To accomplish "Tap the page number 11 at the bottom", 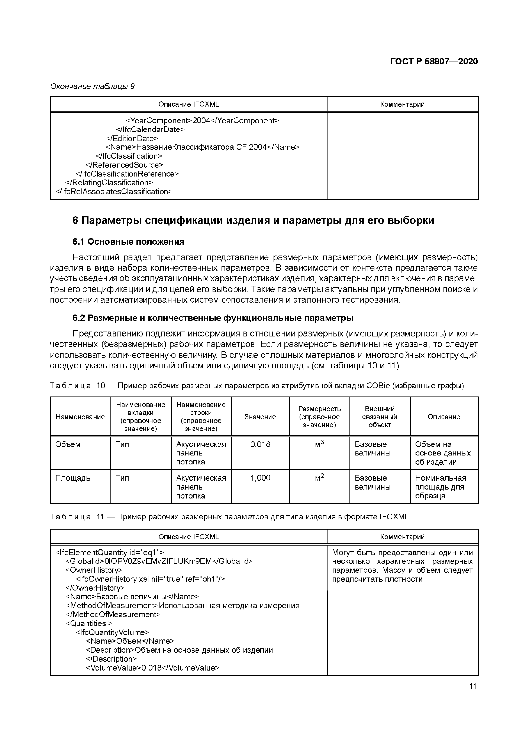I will (x=472, y=686).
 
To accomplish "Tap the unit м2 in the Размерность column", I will (x=319, y=477).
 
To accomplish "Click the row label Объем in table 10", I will (x=68, y=444).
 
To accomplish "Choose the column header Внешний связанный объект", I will (x=380, y=417).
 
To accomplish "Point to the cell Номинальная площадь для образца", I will (x=440, y=487).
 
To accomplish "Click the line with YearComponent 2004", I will (x=202, y=121).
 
